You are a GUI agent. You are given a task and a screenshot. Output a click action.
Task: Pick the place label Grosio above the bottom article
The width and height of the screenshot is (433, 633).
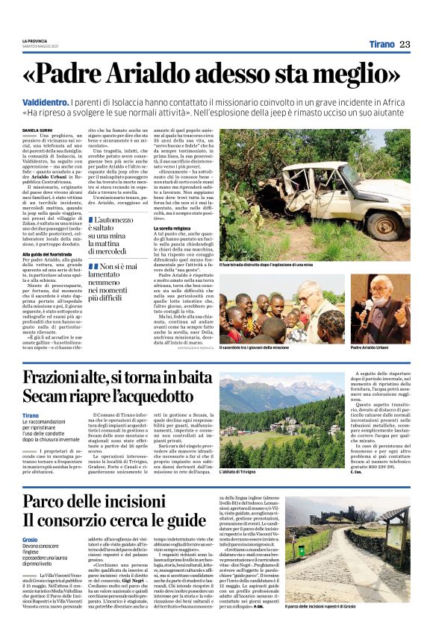[31, 538]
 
